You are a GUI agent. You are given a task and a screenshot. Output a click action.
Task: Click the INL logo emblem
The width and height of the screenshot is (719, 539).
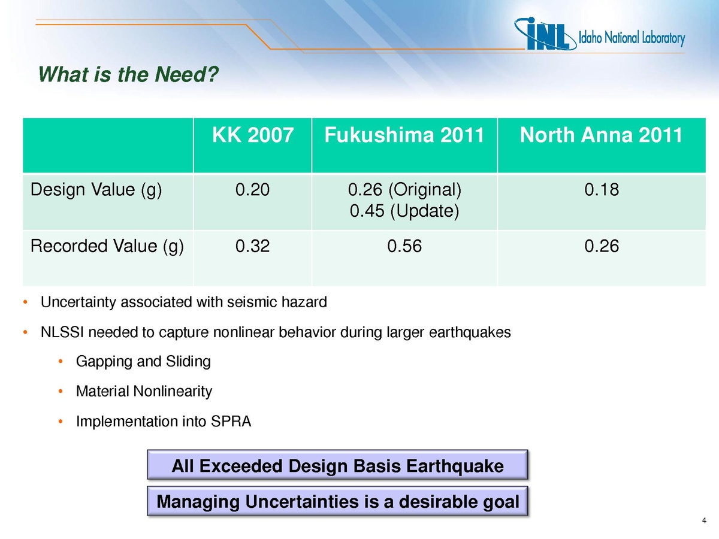coord(545,34)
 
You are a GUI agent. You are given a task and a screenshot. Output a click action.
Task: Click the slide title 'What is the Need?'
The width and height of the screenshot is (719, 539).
coord(128,74)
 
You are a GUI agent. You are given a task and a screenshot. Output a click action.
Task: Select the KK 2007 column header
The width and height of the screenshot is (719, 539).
coord(253,135)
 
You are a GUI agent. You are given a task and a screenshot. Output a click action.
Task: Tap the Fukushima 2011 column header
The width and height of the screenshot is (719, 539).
coord(404,135)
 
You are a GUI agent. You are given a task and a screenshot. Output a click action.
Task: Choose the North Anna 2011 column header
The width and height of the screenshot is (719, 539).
coord(601,135)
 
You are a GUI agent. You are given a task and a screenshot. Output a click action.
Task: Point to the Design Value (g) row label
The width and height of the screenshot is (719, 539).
coord(96,190)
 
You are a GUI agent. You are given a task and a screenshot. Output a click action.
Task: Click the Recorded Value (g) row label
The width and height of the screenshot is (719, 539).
coord(107,246)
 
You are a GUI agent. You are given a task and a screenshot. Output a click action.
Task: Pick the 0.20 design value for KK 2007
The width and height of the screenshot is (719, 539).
coord(252,189)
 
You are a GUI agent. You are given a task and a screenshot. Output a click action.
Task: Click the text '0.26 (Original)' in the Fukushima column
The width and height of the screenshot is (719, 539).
coord(404,190)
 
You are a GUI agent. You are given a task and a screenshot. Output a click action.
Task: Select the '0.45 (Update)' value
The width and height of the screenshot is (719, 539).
coord(404,211)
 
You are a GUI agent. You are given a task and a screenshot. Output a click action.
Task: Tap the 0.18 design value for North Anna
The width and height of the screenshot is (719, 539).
coord(602,189)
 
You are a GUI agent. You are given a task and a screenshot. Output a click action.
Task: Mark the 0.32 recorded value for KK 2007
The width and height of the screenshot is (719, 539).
coord(252,246)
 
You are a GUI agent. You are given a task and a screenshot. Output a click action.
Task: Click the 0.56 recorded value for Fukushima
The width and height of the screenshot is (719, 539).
coord(404,246)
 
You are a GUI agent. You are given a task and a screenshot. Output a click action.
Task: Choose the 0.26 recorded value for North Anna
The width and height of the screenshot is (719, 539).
coord(602,246)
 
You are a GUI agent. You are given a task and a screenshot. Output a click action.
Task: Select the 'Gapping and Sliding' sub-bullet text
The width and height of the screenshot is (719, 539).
coord(143,362)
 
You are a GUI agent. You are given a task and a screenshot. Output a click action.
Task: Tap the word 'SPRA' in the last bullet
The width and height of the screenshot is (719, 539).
coord(231,422)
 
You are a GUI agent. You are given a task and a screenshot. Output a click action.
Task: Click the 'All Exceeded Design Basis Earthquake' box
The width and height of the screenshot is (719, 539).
coord(337,465)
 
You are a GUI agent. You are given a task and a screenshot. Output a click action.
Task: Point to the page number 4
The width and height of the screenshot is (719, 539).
coord(704,520)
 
